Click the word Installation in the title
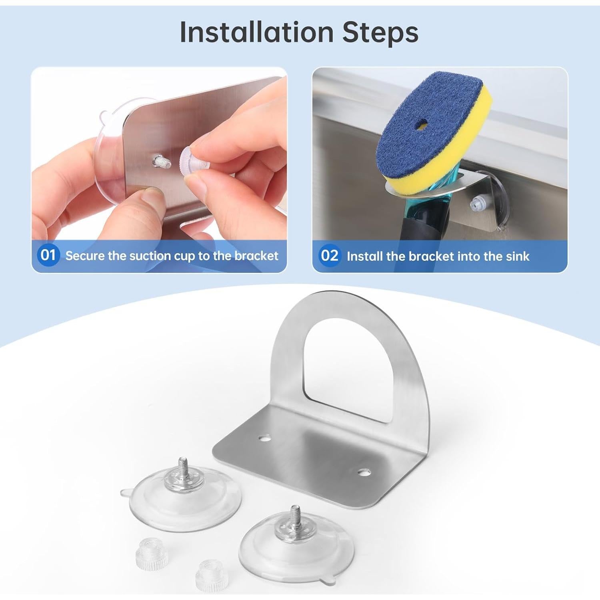(256, 32)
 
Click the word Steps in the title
(380, 32)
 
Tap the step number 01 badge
(48, 255)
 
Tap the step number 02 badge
(330, 255)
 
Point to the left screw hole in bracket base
(264, 438)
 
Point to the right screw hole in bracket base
(363, 472)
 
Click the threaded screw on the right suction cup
(295, 514)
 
